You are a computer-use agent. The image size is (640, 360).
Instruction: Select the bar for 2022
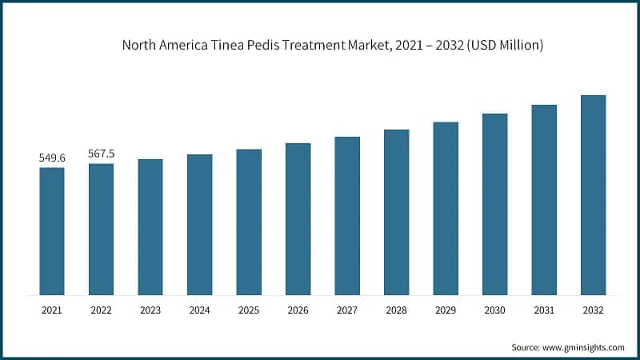[x=101, y=229]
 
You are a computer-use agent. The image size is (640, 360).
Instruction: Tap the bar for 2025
[x=249, y=222]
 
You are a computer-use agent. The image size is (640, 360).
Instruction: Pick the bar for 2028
[x=396, y=212]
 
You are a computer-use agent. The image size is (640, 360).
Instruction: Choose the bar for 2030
[x=494, y=204]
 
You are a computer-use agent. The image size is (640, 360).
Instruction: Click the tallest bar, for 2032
[x=593, y=194]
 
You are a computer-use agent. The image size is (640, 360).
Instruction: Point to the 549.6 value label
[x=52, y=158]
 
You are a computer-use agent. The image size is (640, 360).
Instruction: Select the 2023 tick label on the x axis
[x=150, y=309]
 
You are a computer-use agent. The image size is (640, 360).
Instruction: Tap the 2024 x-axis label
[x=199, y=309]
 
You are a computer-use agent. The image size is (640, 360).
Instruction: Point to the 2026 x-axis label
[x=298, y=309]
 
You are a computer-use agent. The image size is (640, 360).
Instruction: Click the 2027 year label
[x=347, y=309]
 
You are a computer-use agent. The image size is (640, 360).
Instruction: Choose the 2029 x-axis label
[x=446, y=309]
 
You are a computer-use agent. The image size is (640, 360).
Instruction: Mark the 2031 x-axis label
[x=544, y=309]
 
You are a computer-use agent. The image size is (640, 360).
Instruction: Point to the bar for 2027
[x=347, y=215]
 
